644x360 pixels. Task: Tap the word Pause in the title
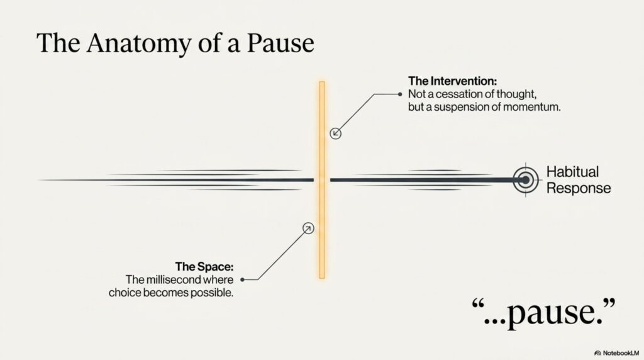(x=280, y=43)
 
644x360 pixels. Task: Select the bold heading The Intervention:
(x=452, y=81)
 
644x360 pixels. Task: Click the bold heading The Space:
(x=204, y=267)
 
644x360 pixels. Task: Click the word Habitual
(x=572, y=172)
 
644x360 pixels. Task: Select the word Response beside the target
(x=579, y=188)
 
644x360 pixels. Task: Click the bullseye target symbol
(x=525, y=180)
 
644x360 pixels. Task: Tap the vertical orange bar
(x=322, y=180)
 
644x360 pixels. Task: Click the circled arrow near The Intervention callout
(x=336, y=133)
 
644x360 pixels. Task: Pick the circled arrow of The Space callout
(x=308, y=228)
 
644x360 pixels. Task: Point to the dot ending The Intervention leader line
(x=400, y=94)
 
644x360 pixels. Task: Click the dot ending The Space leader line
(x=242, y=279)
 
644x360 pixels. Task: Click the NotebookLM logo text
(x=620, y=353)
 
